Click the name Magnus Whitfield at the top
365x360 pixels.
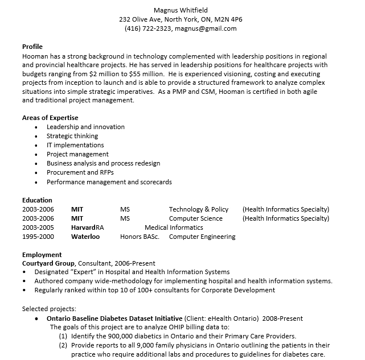point(181,10)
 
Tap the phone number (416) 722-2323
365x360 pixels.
point(147,28)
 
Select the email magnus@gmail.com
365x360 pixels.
point(206,28)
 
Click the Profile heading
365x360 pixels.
point(32,47)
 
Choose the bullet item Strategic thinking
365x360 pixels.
point(72,136)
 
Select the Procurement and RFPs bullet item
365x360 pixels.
point(80,172)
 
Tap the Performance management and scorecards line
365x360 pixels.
point(109,182)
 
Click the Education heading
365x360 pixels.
point(37,200)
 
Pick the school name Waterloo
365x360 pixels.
point(85,237)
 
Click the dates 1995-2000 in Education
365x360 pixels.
point(38,237)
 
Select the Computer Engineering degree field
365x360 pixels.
point(202,237)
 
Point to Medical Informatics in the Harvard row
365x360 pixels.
point(174,227)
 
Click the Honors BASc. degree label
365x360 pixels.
point(140,237)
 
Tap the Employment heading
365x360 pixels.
point(42,255)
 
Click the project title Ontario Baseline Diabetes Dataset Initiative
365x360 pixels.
point(114,318)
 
